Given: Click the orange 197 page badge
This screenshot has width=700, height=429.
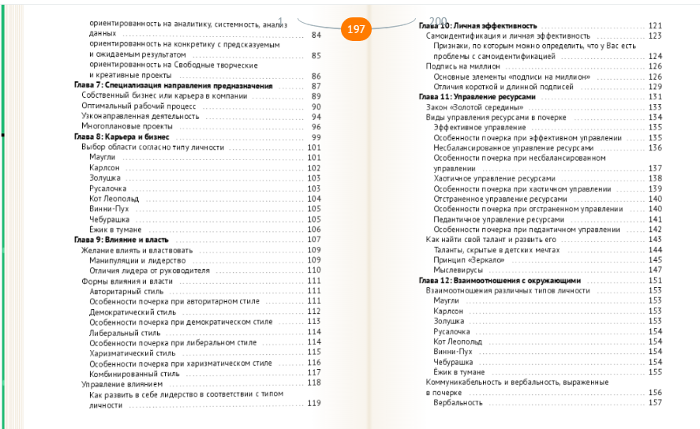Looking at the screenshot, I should point(356,29).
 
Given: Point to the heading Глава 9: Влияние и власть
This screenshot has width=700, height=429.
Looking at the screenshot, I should point(126,239).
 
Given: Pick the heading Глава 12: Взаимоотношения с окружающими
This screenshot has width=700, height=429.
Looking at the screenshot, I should point(500,280).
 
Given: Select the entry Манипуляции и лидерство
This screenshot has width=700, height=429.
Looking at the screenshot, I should point(137,259).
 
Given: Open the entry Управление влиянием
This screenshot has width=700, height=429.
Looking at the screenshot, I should point(122,382).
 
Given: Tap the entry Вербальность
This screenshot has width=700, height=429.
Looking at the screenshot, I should point(458,403).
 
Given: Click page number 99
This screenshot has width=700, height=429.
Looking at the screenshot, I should point(316,136).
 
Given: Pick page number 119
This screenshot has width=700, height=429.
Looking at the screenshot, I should point(313,404).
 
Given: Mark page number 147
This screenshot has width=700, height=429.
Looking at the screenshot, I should point(654,270).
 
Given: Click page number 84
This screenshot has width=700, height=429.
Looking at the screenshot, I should point(316,35).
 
